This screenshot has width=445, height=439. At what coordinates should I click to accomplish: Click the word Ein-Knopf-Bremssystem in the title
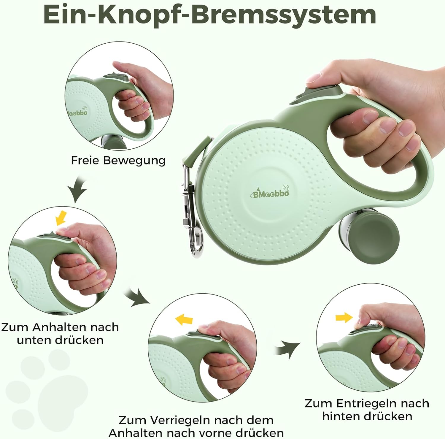coord(210,15)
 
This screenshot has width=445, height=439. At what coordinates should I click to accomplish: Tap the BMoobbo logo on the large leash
coord(269,192)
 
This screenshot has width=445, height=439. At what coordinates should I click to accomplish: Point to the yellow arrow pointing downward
coord(61,218)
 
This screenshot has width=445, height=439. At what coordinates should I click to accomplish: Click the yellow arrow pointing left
coord(184,320)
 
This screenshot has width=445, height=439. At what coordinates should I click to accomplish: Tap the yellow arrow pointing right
coord(344,318)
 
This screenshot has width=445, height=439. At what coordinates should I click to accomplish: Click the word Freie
coord(85,160)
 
